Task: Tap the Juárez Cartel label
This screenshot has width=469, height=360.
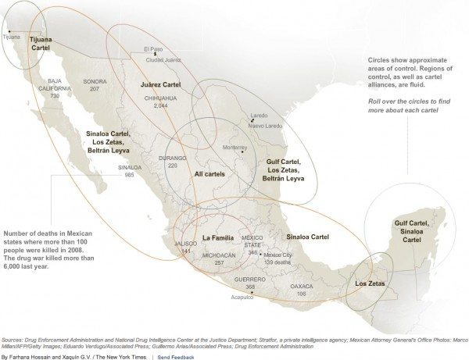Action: coord(160,83)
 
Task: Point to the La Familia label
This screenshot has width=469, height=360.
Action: coord(218,237)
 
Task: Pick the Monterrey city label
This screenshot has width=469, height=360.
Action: coord(234,147)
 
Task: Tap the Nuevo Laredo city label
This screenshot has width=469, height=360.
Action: coord(266,125)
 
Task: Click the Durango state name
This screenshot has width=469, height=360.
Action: coord(173,158)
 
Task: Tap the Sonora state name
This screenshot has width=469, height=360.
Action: coord(95,81)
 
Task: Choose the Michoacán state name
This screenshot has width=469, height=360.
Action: coord(219,255)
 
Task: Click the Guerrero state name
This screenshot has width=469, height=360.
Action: coord(250,279)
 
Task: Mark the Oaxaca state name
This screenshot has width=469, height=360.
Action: coord(302,286)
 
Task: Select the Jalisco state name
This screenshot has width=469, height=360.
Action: coord(186,243)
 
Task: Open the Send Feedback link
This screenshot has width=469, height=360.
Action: coord(175,355)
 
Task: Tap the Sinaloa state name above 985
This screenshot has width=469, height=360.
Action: coord(130,167)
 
